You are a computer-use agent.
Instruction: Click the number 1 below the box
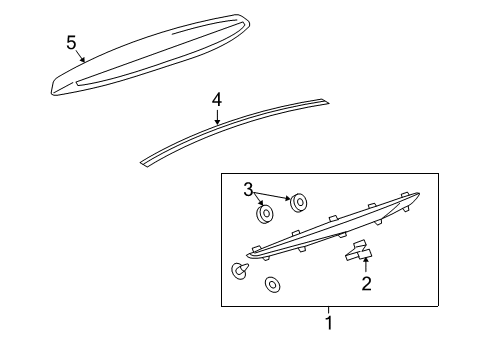[x=328, y=323]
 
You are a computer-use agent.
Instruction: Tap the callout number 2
[x=367, y=284]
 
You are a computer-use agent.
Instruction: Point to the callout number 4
[x=217, y=100]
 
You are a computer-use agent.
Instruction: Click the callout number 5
[x=71, y=42]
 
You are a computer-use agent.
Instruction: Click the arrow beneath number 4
[x=217, y=117]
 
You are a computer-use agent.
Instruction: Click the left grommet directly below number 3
[x=266, y=214]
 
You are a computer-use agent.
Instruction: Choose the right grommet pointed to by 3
[x=298, y=204]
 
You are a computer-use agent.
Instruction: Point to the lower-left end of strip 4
[x=145, y=158]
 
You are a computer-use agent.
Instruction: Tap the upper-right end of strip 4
[x=322, y=100]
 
